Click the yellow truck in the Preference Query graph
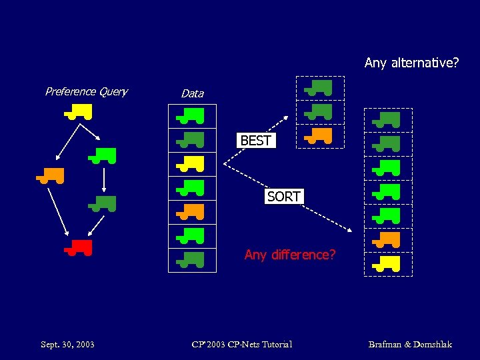[x=79, y=111]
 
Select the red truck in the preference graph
[x=79, y=247]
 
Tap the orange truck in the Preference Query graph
[x=51, y=176]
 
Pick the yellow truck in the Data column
[x=191, y=162]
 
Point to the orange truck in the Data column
[x=191, y=212]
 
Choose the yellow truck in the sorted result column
[x=387, y=264]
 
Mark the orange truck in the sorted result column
[x=387, y=239]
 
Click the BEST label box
[x=255, y=141]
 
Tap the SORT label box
[x=284, y=197]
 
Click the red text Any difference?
[x=290, y=255]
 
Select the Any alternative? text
[x=411, y=63]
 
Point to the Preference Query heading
[x=86, y=91]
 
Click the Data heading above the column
[x=192, y=93]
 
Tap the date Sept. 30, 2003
[x=67, y=345]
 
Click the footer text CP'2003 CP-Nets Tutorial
[x=241, y=345]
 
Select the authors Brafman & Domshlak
[x=410, y=345]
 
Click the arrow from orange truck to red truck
[x=58, y=211]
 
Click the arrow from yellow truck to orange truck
[x=67, y=142]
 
